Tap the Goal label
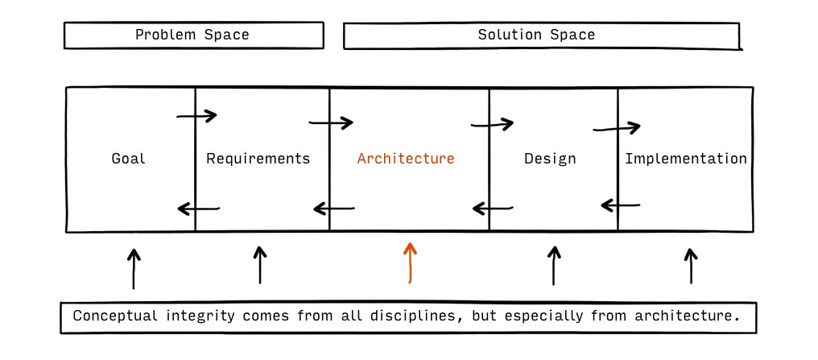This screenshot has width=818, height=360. (x=128, y=158)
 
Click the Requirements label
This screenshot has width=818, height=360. (x=258, y=158)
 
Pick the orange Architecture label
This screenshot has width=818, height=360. (x=406, y=158)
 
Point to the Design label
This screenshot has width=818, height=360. (x=550, y=158)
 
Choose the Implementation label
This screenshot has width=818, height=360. (x=686, y=158)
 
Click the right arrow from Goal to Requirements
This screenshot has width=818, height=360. (x=196, y=116)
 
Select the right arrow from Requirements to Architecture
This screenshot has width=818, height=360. (x=331, y=122)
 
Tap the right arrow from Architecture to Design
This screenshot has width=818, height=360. (x=492, y=124)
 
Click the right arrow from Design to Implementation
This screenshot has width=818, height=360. (x=616, y=127)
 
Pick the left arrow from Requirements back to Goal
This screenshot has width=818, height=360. (x=199, y=209)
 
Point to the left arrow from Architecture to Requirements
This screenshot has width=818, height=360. (x=334, y=209)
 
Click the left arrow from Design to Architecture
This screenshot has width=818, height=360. (x=493, y=209)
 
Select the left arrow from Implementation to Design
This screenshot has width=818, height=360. (x=620, y=205)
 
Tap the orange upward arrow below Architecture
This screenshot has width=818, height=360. (x=410, y=263)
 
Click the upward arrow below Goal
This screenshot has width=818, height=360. (x=134, y=269)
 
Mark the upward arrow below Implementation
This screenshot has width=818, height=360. (x=691, y=266)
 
